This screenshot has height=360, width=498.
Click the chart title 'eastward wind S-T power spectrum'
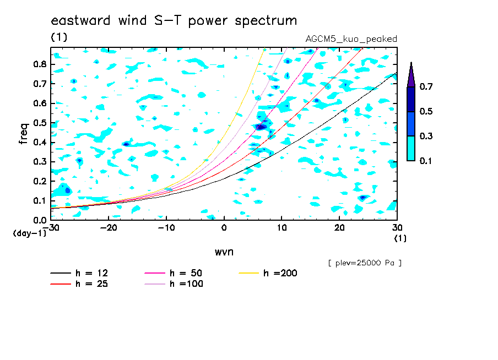pos(174,20)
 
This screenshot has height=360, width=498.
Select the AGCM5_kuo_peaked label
pos(351,39)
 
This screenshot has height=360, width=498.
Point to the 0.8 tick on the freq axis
pos(40,64)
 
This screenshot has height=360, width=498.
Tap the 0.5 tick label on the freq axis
pos(40,123)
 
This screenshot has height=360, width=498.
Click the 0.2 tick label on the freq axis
pos(40,181)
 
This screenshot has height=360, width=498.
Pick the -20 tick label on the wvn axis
pos(109,228)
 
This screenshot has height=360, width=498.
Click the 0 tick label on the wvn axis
pos(224,228)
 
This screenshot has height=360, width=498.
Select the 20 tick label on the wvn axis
pos(339,228)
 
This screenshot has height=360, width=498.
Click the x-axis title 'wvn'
pos(224,252)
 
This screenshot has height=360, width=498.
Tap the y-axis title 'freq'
pos(24,134)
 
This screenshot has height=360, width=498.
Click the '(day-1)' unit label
pos(30,233)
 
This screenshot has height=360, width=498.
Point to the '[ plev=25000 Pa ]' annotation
pos(365,263)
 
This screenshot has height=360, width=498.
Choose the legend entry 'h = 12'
pos(79,273)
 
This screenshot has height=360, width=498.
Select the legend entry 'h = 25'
pos(79,284)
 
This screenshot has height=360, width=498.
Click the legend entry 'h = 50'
pos(174,273)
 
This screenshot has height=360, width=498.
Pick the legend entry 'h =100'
pos(174,284)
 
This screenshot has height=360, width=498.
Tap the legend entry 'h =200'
pos(268,273)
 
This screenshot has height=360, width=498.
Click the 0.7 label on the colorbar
pos(426,86)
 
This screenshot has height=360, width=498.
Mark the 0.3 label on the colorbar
pos(426,136)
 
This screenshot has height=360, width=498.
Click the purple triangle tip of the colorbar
pos(412,62)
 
